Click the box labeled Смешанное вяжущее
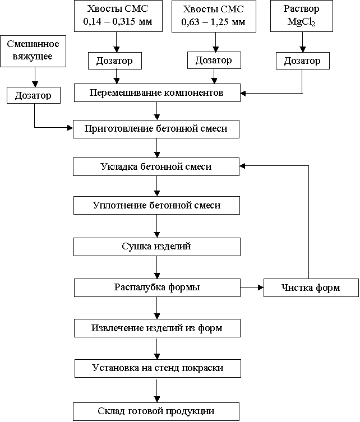[33, 51]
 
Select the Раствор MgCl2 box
[302, 16]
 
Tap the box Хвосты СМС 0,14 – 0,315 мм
[118, 16]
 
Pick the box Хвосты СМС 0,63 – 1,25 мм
[214, 16]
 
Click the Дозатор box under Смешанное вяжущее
[34, 95]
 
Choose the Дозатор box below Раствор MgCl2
[303, 61]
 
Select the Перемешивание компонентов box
[157, 93]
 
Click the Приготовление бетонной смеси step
[156, 129]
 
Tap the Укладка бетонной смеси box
[156, 167]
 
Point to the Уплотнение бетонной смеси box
[156, 205]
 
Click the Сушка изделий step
[157, 247]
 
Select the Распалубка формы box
[157, 287]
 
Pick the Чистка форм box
[311, 287]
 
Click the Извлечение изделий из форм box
[157, 328]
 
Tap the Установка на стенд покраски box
[158, 368]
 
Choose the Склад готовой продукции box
[156, 411]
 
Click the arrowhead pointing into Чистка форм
[261, 287]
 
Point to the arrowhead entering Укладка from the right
[242, 166]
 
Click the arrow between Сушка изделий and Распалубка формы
[156, 267]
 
